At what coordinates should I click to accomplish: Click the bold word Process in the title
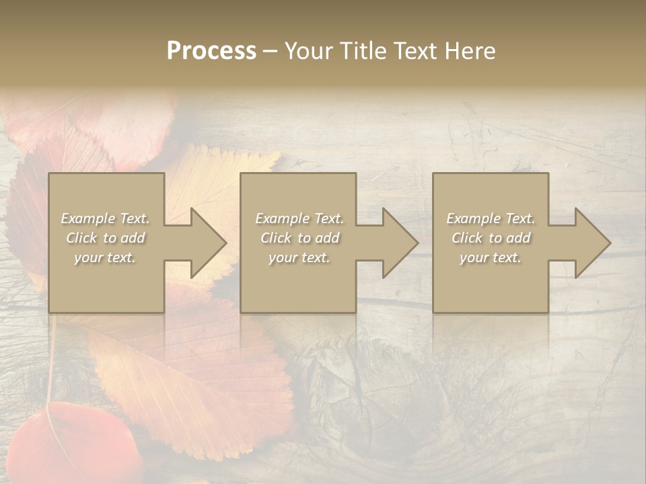211,51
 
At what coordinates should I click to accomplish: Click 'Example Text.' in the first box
105,218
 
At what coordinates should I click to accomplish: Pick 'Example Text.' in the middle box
299,218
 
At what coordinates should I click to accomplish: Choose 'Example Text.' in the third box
491,218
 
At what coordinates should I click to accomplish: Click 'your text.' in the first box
105,257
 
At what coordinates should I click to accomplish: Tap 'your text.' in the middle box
299,257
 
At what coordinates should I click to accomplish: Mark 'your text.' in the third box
491,257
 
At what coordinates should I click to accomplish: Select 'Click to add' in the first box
105,238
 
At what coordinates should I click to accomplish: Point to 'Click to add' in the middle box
299,238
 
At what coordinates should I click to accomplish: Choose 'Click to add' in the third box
491,238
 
